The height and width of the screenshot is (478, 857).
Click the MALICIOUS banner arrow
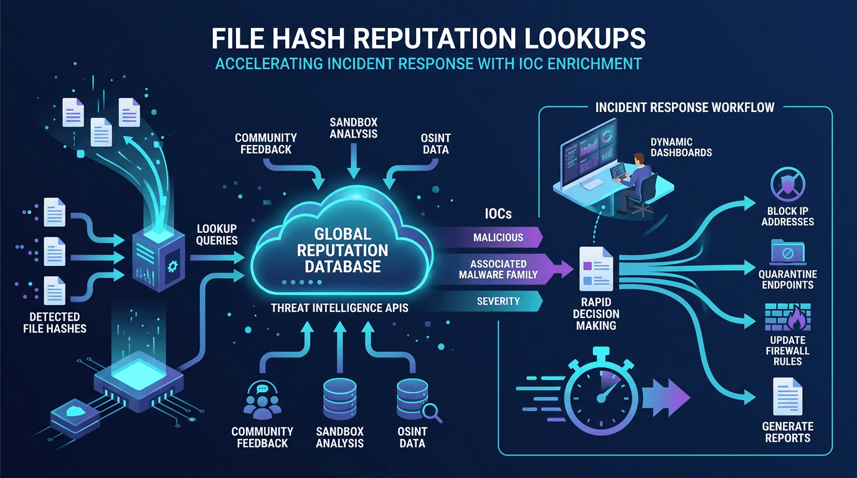click(x=498, y=237)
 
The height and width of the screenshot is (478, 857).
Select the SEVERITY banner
click(x=498, y=301)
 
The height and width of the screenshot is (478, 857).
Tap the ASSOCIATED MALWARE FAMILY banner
click(x=498, y=269)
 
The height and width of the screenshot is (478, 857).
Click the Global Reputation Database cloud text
click(x=343, y=251)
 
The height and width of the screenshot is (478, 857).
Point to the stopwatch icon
click(x=601, y=395)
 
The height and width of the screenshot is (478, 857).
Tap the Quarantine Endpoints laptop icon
click(x=787, y=252)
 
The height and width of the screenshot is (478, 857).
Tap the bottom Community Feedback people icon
click(x=262, y=402)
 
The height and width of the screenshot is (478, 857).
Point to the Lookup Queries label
click(x=217, y=234)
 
